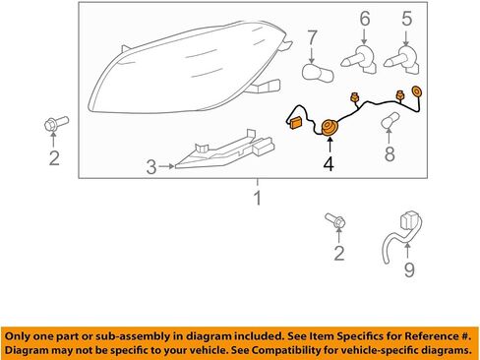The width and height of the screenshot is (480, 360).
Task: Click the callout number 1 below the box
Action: click(258, 198)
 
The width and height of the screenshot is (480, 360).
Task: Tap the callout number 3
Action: click(151, 167)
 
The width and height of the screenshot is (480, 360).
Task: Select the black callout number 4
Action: click(329, 163)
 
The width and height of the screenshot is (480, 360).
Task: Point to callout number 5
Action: click(406, 19)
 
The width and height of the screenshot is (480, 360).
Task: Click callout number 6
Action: click(365, 19)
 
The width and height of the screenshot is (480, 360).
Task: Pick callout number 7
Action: click(312, 37)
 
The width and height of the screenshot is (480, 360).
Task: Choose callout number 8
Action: click(390, 154)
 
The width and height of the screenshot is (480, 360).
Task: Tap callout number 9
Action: click(409, 270)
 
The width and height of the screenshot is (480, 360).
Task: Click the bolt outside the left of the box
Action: click(56, 124)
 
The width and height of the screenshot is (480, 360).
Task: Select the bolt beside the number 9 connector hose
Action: click(335, 220)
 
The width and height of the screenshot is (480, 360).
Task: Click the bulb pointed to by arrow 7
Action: click(318, 73)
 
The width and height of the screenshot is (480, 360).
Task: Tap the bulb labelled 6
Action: click(359, 60)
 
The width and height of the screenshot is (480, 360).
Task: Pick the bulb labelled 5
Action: click(401, 60)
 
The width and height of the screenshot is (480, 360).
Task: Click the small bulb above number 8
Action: click(390, 120)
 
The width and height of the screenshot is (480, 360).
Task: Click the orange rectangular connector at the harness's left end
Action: click(296, 123)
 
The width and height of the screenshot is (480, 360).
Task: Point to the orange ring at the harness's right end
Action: click(417, 91)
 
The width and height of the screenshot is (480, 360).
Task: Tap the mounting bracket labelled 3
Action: click(225, 150)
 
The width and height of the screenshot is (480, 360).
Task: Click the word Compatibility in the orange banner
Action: click(285, 350)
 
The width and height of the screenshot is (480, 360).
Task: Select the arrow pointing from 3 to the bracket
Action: click(166, 166)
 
